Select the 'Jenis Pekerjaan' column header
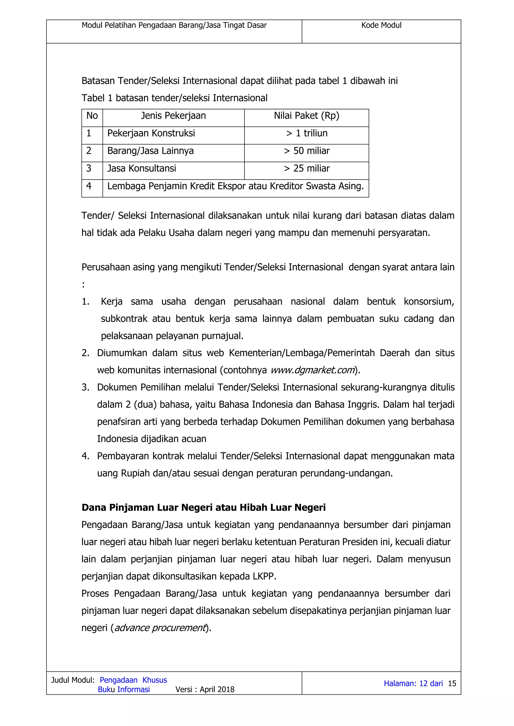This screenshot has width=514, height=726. click(x=173, y=116)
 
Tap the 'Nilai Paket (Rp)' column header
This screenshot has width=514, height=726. click(x=306, y=116)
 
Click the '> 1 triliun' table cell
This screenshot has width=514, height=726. click(x=306, y=133)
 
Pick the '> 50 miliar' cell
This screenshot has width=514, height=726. click(x=306, y=151)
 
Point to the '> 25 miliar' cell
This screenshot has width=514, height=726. click(x=306, y=169)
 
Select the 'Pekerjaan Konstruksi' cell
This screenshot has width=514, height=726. click(x=151, y=133)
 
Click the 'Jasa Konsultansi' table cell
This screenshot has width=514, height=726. click(x=142, y=169)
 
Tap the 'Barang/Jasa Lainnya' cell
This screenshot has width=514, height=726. click(x=150, y=151)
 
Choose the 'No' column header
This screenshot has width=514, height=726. click(x=92, y=116)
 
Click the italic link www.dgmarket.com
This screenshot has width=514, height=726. click(x=312, y=370)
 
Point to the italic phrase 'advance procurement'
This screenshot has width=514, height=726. click(x=160, y=628)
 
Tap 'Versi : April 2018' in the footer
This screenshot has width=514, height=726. click(x=205, y=689)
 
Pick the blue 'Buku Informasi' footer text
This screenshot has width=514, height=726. click(x=124, y=689)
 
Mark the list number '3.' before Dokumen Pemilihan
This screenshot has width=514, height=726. click(x=85, y=387)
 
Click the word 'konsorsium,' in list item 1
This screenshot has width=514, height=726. click(x=429, y=302)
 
